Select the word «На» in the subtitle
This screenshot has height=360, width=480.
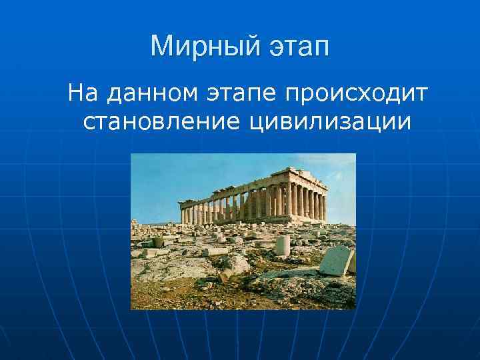[x=83, y=93]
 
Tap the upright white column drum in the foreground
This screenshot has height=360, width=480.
[x=283, y=245]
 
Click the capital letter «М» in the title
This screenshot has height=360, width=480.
[x=162, y=47]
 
